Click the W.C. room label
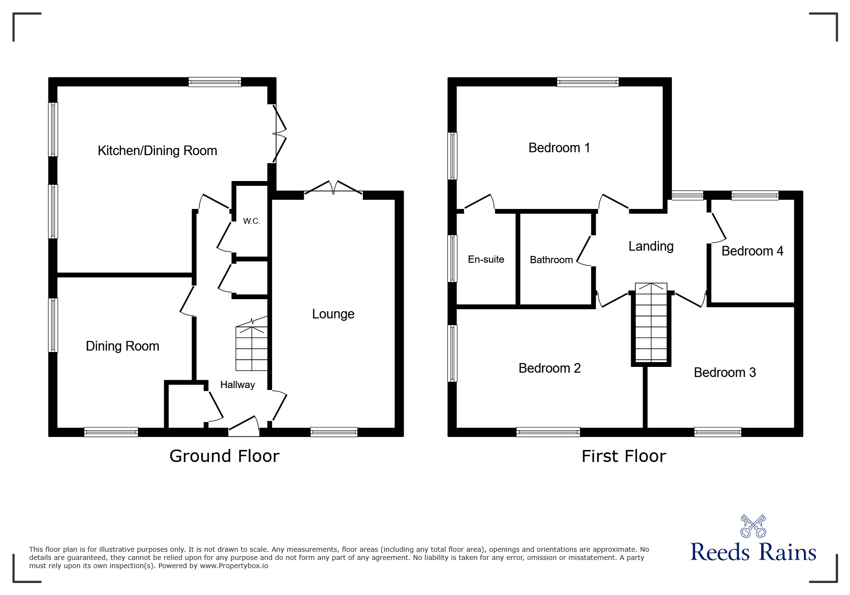coord(251,221)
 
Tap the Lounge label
coord(333,314)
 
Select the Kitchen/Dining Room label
coord(157,151)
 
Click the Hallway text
coord(238,385)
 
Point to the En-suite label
coord(486,259)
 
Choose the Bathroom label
coord(551,260)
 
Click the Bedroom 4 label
coord(752,251)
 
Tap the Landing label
coord(651,246)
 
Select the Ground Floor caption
coord(224,456)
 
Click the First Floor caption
coord(623,456)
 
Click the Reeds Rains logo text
coord(753,552)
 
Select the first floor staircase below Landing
coord(651,323)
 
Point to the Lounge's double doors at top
coord(333,189)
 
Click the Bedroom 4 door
coord(718,227)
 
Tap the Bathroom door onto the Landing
coord(584,250)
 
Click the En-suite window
coord(452,258)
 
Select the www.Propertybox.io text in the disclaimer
coord(234,566)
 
